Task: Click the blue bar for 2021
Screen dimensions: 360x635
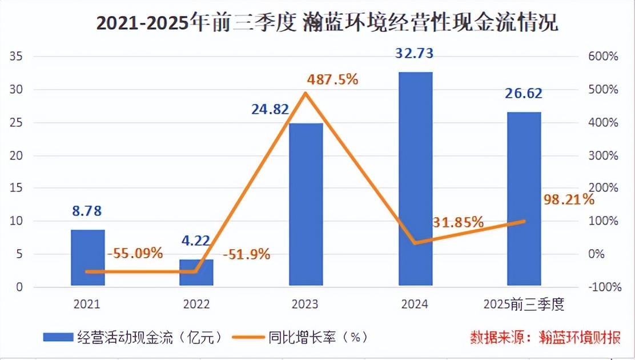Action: click(88, 257)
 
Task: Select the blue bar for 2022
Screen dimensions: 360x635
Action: click(197, 272)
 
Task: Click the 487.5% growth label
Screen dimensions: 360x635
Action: click(332, 79)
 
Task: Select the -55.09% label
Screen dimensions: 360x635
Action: click(135, 252)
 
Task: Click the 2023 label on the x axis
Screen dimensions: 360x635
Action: click(306, 305)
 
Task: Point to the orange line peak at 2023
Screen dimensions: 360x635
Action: click(306, 93)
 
